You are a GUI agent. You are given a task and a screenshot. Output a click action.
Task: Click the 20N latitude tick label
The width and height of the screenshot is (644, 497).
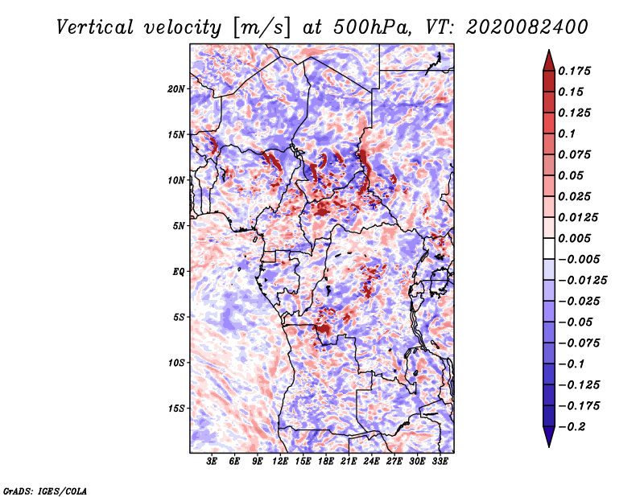pyautogui.click(x=175, y=89)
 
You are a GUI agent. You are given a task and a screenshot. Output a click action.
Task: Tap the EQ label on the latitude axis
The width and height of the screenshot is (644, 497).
pyautogui.click(x=178, y=272)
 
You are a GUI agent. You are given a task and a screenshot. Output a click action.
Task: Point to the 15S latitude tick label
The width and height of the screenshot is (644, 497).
pyautogui.click(x=175, y=409)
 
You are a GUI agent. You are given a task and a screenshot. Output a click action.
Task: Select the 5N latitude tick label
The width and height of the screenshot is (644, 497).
pyautogui.click(x=179, y=226)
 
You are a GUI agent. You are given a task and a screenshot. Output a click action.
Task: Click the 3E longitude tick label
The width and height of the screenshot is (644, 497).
pyautogui.click(x=212, y=461)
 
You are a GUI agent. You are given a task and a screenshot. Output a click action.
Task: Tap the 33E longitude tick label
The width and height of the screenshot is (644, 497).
pyautogui.click(x=440, y=461)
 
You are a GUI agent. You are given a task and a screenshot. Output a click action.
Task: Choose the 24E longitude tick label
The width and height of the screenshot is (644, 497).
pyautogui.click(x=371, y=461)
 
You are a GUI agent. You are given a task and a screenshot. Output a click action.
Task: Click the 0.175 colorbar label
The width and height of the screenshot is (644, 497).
pyautogui.click(x=574, y=71)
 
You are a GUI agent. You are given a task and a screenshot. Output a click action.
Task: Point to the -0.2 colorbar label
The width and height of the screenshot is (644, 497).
pyautogui.click(x=572, y=427)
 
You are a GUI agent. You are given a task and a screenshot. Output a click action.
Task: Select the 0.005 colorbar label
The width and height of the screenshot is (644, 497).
pyautogui.click(x=574, y=238)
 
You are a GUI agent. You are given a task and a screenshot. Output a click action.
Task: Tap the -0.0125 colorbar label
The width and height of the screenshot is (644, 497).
pyautogui.click(x=582, y=281)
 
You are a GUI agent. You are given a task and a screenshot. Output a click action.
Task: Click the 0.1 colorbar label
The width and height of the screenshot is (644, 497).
pyautogui.click(x=567, y=133)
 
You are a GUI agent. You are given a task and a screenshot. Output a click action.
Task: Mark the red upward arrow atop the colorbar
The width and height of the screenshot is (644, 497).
pyautogui.click(x=549, y=60)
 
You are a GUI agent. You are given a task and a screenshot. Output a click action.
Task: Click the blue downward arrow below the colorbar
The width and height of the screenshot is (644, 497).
pyautogui.click(x=549, y=437)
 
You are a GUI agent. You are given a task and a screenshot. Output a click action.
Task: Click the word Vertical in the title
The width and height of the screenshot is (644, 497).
pyautogui.click(x=95, y=27)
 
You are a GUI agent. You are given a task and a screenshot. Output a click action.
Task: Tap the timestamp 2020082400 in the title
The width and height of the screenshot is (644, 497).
pyautogui.click(x=527, y=27)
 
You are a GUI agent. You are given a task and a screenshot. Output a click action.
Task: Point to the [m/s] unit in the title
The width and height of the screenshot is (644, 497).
pyautogui.click(x=262, y=28)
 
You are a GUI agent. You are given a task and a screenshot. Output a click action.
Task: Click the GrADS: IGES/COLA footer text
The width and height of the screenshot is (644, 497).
pyautogui.click(x=45, y=491)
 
